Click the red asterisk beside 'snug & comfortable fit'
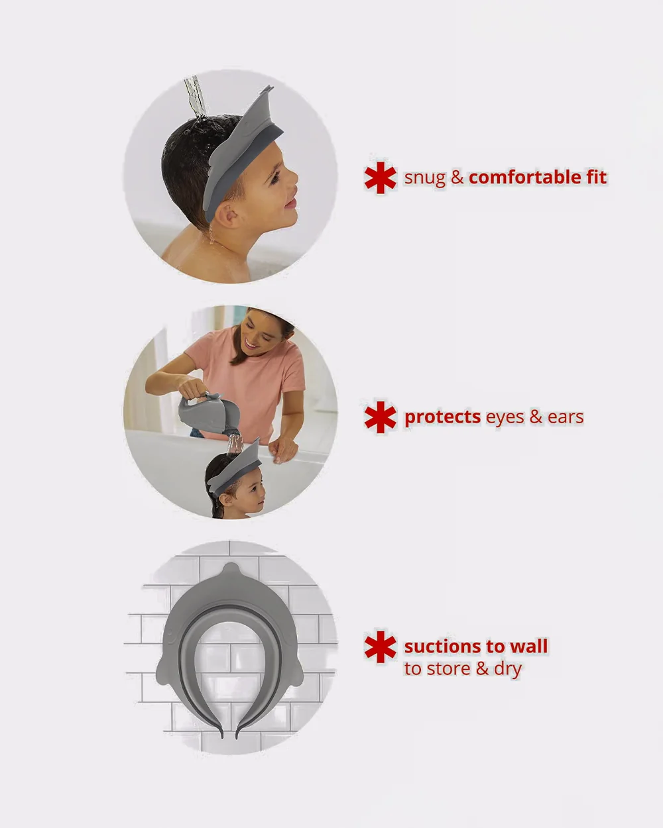click(x=380, y=178)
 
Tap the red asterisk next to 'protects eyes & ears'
click(x=380, y=417)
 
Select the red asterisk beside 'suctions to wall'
click(x=380, y=647)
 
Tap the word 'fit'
click(x=596, y=177)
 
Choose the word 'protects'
click(x=442, y=418)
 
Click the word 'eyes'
click(x=505, y=419)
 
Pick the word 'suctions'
click(x=443, y=647)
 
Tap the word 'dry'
click(x=508, y=670)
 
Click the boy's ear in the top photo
click(x=227, y=216)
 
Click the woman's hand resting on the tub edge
click(x=283, y=449)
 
